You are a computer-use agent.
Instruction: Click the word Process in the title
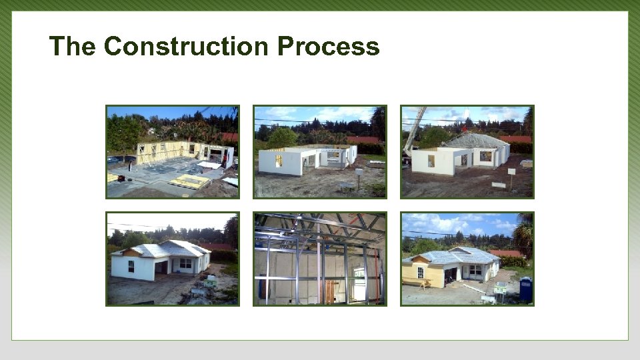(x=328, y=47)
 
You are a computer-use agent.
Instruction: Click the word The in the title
(x=73, y=47)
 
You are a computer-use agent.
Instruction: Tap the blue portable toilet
(x=525, y=289)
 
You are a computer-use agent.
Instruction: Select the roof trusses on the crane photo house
(x=475, y=141)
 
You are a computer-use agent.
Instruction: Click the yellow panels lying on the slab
(x=189, y=181)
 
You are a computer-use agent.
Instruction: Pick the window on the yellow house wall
(x=420, y=272)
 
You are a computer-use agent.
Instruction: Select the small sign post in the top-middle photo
(x=358, y=175)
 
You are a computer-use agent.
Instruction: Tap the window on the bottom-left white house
(x=131, y=266)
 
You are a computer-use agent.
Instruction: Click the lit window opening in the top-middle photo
(x=278, y=161)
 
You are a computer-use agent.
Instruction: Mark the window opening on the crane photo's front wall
(x=431, y=161)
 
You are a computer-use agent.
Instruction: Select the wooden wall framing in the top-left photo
(x=160, y=151)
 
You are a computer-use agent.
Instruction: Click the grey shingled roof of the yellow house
(x=460, y=255)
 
